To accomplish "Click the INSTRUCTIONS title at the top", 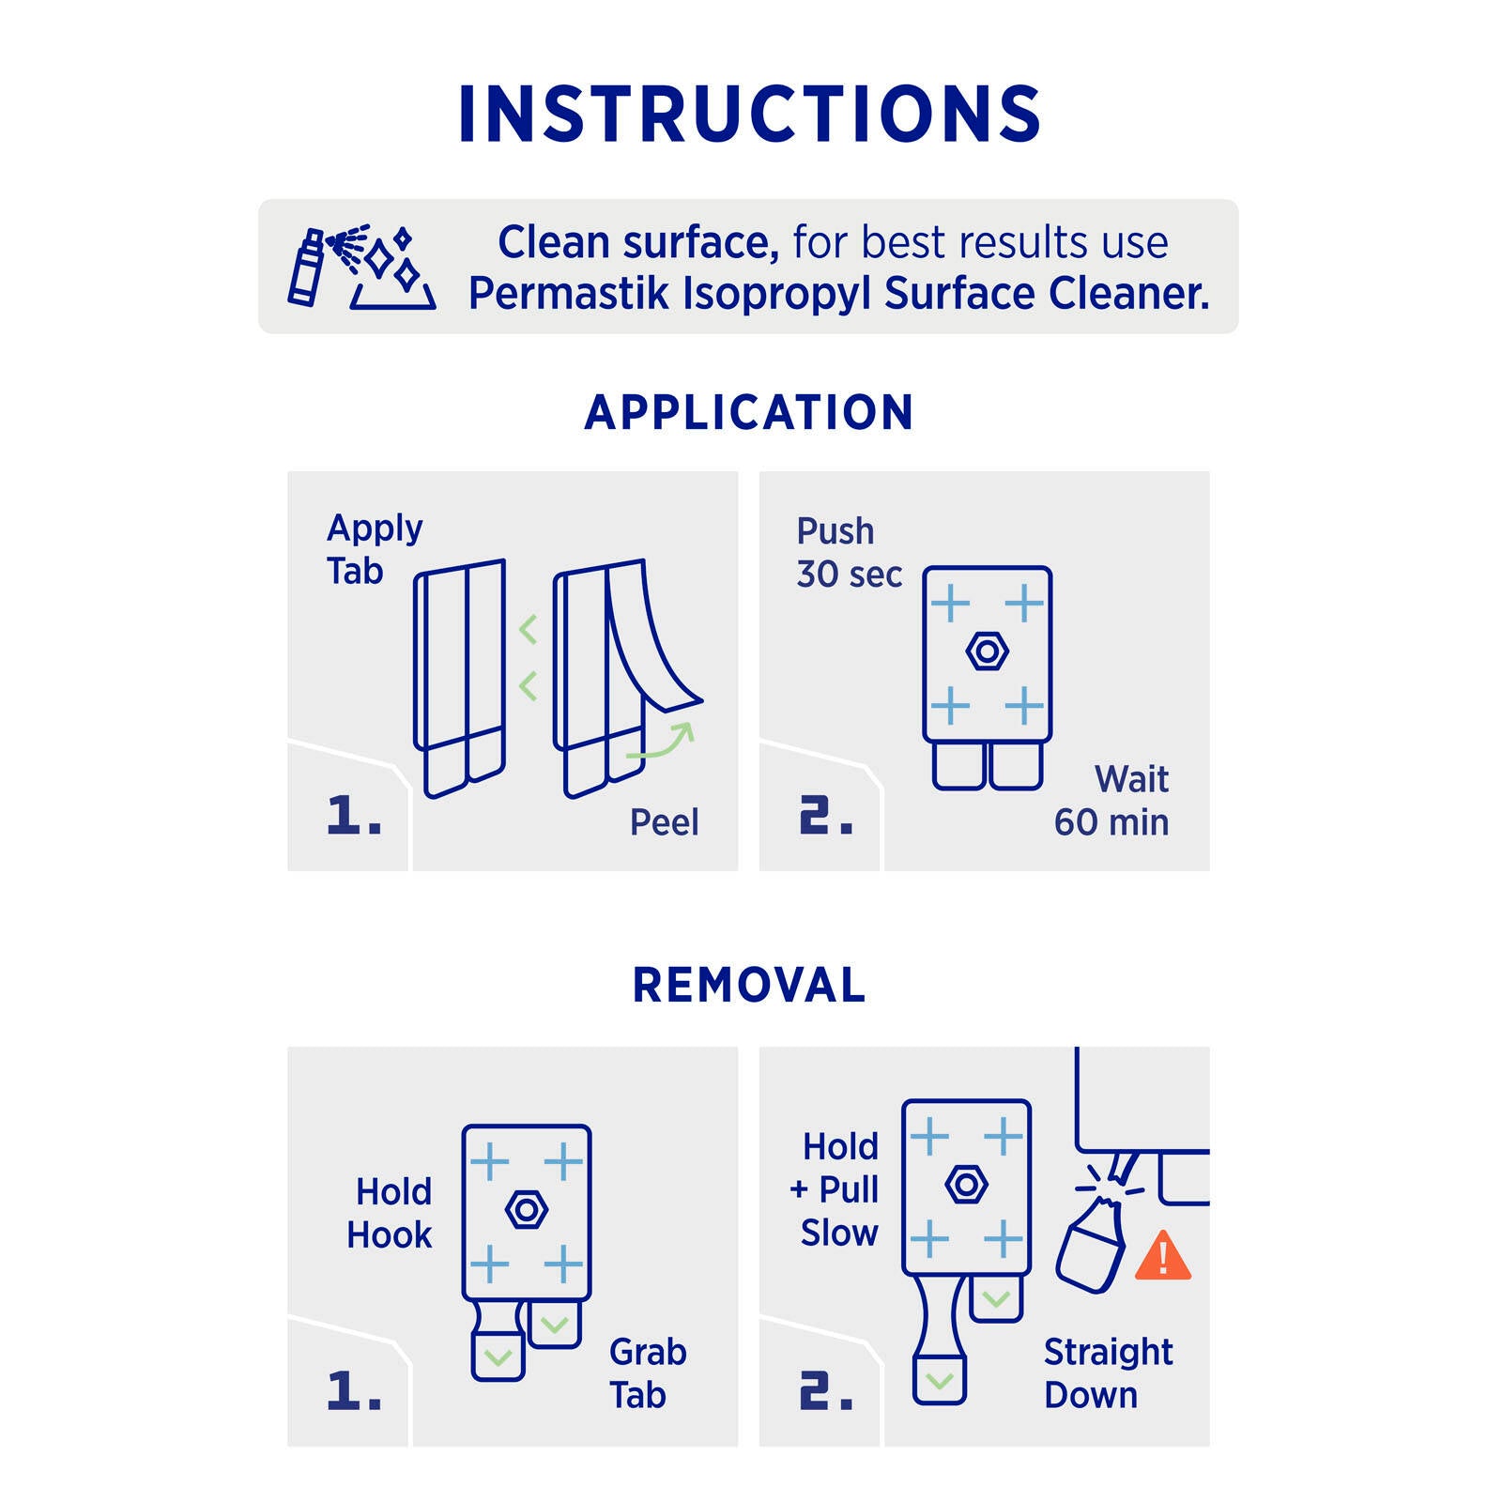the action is click(x=749, y=114).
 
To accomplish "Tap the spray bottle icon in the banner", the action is click(x=306, y=268).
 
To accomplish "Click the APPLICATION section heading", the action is click(x=749, y=412).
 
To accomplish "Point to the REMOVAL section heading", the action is click(x=749, y=985).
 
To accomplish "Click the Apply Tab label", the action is click(x=375, y=549).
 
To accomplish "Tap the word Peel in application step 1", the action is click(x=664, y=822).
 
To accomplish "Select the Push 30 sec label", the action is click(x=849, y=553).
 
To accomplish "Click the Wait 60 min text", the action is click(x=1111, y=801).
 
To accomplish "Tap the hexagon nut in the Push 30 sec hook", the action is click(x=987, y=651).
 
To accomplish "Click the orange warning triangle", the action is click(x=1163, y=1256).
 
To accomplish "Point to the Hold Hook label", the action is click(x=390, y=1213).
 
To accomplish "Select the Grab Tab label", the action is click(x=648, y=1373).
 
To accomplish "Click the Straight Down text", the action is click(x=1108, y=1373).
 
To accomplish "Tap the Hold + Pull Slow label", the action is click(x=835, y=1189).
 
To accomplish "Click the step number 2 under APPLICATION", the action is click(x=826, y=815).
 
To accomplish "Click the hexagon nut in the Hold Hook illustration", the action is click(x=526, y=1210).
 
